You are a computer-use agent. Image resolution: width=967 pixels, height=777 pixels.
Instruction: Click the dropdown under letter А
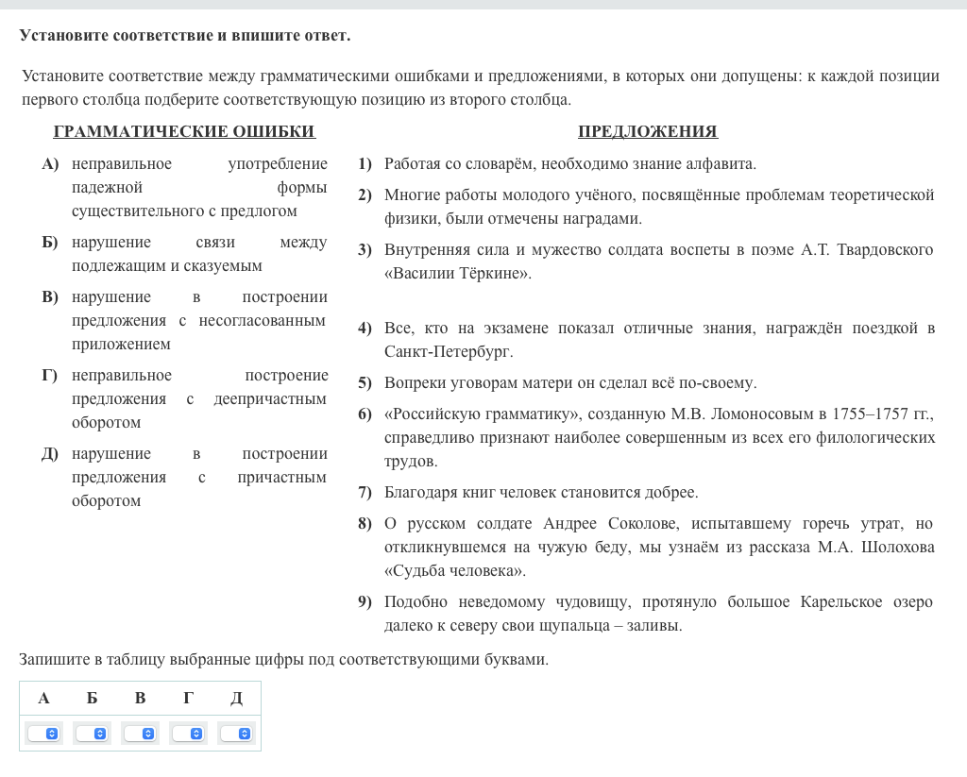point(43,734)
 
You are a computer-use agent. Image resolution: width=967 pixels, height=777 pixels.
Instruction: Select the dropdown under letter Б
point(92,734)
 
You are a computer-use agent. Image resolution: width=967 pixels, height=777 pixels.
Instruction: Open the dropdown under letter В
point(141,734)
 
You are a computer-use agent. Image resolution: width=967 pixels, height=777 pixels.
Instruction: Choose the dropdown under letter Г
point(189,734)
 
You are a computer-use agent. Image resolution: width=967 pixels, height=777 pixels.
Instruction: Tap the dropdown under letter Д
point(237,734)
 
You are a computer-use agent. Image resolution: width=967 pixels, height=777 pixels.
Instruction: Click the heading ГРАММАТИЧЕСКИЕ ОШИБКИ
point(184,132)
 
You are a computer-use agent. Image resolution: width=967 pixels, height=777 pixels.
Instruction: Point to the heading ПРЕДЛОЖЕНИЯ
point(648,132)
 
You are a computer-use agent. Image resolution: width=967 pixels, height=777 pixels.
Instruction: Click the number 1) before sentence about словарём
point(365,164)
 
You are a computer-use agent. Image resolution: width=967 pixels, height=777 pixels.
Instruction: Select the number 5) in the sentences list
point(365,383)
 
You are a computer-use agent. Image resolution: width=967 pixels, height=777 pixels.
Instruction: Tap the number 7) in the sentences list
point(365,493)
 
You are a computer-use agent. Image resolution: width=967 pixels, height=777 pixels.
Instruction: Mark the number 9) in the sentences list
point(365,602)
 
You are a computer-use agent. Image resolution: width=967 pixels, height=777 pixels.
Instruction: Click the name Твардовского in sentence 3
point(886,250)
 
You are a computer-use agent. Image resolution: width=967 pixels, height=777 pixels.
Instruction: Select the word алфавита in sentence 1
point(722,164)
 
